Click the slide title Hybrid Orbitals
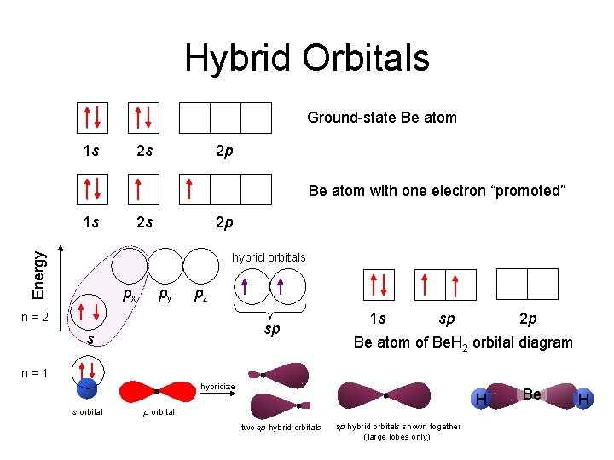pos(307,58)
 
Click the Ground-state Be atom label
pos(381,118)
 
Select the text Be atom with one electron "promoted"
pos(437,190)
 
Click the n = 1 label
pos(34,372)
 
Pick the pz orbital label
pos(199,296)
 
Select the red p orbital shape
pos(158,392)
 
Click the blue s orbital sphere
pos(86,388)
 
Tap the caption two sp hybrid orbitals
pos(281,428)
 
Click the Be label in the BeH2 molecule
pos(532,394)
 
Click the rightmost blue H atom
pos(583,398)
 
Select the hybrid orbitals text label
pos(269,257)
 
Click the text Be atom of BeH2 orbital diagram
pos(463,342)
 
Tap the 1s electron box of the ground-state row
pos(93,118)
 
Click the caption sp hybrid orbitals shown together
pos(397,431)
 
